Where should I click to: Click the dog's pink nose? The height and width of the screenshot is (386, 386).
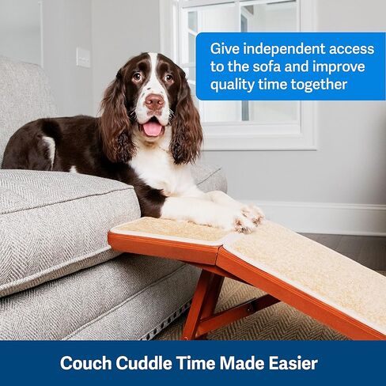(x=154, y=101)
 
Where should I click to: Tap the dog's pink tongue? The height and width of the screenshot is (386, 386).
(x=153, y=129)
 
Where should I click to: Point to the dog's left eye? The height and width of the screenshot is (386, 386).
(x=168, y=78)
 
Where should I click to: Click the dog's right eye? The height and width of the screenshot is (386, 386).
(x=137, y=77)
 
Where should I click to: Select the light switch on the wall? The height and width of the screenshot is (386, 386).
(x=83, y=57)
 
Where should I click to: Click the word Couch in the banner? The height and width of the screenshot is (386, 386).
(x=86, y=363)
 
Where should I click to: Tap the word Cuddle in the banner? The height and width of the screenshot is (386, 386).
(x=144, y=363)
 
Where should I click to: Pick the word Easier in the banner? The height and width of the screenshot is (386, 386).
(x=293, y=363)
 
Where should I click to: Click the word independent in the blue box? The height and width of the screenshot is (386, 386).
(x=284, y=50)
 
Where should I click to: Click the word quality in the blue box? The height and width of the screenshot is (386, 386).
(x=233, y=85)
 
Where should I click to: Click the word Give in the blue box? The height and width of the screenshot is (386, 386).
(x=224, y=49)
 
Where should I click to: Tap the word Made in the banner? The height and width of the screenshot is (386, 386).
(x=242, y=363)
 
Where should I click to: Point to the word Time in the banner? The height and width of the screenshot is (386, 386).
(x=196, y=363)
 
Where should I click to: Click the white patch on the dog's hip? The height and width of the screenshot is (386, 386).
(x=49, y=149)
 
